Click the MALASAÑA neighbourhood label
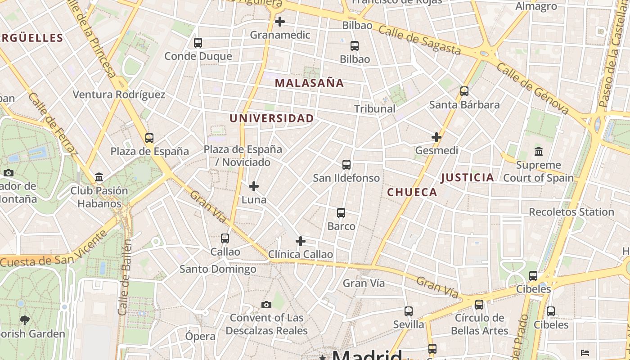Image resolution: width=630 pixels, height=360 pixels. (x=309, y=83)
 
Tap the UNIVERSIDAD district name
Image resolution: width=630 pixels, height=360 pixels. (x=272, y=118)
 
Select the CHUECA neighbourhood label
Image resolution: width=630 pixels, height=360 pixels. (x=412, y=193)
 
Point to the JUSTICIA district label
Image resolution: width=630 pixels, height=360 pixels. (x=468, y=177)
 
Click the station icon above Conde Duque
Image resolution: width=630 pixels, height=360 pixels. (x=198, y=43)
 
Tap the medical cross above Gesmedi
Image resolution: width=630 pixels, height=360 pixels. (x=436, y=137)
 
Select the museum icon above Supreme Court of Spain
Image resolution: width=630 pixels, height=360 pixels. (x=538, y=151)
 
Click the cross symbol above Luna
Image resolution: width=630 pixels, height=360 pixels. (x=254, y=186)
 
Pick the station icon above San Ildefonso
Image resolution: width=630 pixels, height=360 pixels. (x=346, y=165)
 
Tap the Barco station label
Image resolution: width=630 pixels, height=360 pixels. (x=341, y=226)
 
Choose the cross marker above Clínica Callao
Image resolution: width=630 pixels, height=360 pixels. (x=300, y=241)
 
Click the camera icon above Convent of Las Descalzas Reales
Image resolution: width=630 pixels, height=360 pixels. (x=266, y=305)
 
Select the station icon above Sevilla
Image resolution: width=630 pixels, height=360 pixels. (x=409, y=311)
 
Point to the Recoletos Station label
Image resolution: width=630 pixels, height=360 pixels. (x=571, y=212)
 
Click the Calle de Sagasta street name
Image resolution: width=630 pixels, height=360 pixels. (x=419, y=40)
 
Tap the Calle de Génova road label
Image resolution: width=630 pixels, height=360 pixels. (x=533, y=89)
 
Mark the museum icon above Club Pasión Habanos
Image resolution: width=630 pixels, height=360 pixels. (x=99, y=177)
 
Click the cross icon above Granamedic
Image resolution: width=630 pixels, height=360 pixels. (x=280, y=21)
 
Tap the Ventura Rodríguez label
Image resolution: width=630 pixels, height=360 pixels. (x=119, y=94)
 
